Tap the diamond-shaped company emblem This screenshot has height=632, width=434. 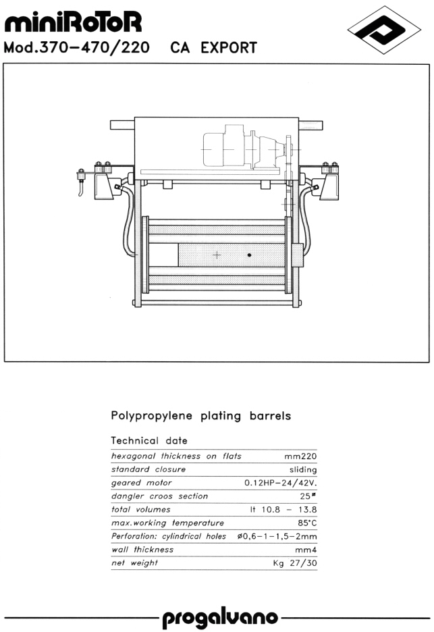(x=384, y=30)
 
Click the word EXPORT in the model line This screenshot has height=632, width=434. (x=229, y=47)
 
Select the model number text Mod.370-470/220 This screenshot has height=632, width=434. (x=76, y=47)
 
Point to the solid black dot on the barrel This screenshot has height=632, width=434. (x=250, y=255)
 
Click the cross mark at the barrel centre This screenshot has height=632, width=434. (x=217, y=255)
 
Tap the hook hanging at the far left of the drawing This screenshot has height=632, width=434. (x=81, y=184)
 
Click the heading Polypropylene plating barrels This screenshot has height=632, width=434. (x=200, y=415)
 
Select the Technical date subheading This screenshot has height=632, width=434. (x=149, y=440)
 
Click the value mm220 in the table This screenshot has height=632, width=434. (x=300, y=456)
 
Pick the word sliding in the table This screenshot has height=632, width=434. (x=303, y=469)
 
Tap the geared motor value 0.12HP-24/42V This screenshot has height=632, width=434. (x=281, y=483)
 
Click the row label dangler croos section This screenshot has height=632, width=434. (x=159, y=496)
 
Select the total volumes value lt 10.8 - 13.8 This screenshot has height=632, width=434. (x=283, y=510)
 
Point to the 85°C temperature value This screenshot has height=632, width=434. (x=308, y=523)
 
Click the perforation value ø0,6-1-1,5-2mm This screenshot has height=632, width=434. (x=277, y=537)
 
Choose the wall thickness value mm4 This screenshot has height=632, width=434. (x=306, y=550)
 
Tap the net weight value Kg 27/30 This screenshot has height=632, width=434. (x=295, y=563)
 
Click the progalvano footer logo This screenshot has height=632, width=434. (x=220, y=618)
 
